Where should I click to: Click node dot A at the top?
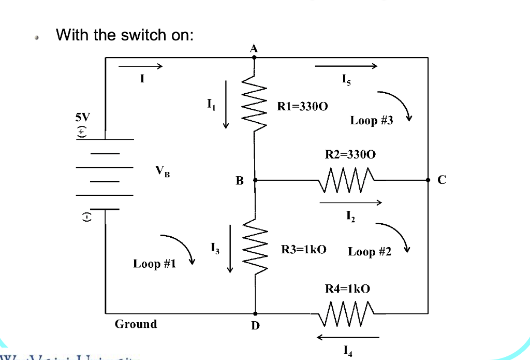[x=254, y=57]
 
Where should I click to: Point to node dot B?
[x=254, y=180]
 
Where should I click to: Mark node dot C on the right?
[x=428, y=180]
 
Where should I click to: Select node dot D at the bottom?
[x=255, y=314]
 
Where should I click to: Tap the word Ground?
[x=136, y=324]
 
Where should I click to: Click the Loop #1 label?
[x=154, y=264]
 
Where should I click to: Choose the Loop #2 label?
[x=370, y=252]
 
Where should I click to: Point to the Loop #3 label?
[x=372, y=121]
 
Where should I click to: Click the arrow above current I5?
[x=346, y=66]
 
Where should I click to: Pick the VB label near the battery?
[x=162, y=171]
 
